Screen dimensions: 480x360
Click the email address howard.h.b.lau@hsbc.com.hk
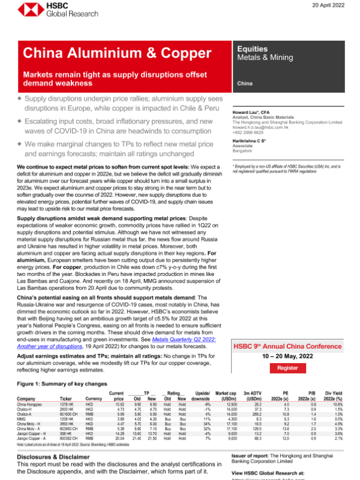click(274, 127)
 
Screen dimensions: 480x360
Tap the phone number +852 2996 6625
click(262, 133)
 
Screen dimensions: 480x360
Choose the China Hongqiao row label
click(31, 404)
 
